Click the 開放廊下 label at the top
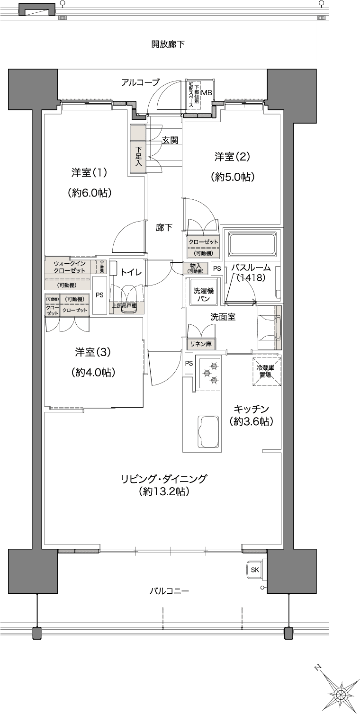tap(168, 45)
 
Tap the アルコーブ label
tap(140, 82)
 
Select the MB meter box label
tap(206, 92)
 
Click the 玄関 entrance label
tap(170, 140)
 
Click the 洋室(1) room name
tap(90, 172)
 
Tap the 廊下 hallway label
tap(164, 227)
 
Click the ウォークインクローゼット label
tap(69, 267)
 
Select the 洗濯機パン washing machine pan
tap(204, 295)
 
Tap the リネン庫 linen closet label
tap(200, 344)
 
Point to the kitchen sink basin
tap(207, 432)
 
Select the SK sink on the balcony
tap(255, 570)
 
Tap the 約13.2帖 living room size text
tap(164, 492)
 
